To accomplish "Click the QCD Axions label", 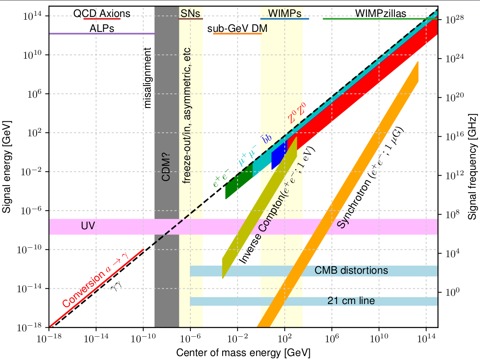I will click(102, 14).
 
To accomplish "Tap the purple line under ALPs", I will click(102, 33).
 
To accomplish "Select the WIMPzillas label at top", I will click(380, 14).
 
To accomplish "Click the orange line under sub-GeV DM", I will click(237, 33).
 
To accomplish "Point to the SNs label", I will click(190, 14).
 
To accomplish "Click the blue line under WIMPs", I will click(285, 19).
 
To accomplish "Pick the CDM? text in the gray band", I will click(167, 170).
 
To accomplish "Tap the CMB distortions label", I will click(351, 271).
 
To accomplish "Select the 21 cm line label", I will click(351, 301).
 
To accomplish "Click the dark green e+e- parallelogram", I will click(239, 182).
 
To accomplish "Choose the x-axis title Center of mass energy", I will click(243, 352).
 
